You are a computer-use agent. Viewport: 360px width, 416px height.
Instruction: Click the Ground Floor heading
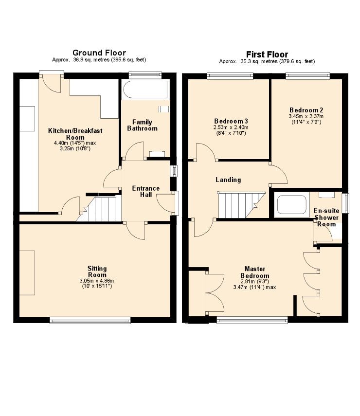[99, 53]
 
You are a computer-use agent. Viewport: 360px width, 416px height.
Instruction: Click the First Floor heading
[267, 54]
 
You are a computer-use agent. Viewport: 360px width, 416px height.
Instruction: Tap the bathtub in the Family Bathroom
[145, 90]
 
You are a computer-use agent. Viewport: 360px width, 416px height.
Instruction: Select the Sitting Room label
[97, 271]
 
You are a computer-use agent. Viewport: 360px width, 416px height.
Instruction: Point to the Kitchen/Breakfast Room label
[75, 134]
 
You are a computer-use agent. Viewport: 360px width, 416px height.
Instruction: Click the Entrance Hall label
[145, 192]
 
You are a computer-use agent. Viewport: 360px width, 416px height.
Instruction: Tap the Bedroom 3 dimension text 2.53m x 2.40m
[231, 127]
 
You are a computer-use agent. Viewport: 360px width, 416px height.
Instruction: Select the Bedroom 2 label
[306, 110]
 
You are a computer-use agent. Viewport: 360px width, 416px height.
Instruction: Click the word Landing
[228, 180]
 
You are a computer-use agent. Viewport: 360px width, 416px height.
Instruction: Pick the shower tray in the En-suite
[292, 204]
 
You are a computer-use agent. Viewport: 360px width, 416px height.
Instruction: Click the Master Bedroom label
[255, 272]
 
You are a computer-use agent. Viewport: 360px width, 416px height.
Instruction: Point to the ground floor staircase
[99, 209]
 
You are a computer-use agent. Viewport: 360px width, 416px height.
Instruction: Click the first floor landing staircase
[241, 204]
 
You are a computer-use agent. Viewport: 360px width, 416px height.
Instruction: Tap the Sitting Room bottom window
[90, 320]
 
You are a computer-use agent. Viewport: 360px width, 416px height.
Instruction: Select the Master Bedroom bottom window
[252, 320]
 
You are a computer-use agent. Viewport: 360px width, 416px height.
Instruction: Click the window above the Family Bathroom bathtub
[145, 75]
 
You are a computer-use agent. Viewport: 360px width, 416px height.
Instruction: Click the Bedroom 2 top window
[308, 75]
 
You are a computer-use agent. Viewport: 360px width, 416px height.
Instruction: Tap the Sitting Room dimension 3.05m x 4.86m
[97, 281]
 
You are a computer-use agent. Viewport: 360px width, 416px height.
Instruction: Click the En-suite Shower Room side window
[346, 203]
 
